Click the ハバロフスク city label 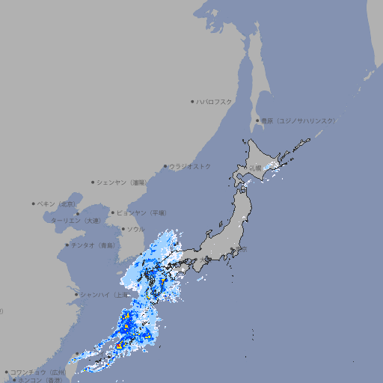tap(215, 101)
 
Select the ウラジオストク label tap(190, 166)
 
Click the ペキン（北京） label tap(57, 203)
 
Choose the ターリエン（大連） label tap(76, 221)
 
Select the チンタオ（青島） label tap(94, 245)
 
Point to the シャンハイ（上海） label tap(103, 294)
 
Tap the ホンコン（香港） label tap(41, 380)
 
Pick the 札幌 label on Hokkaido tap(256, 168)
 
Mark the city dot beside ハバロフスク tap(192, 101)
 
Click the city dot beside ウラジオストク tap(165, 166)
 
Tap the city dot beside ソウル tap(123, 229)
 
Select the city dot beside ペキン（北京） tap(34, 203)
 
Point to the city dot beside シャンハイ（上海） tap(76, 294)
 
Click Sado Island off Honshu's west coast tap(222, 224)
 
